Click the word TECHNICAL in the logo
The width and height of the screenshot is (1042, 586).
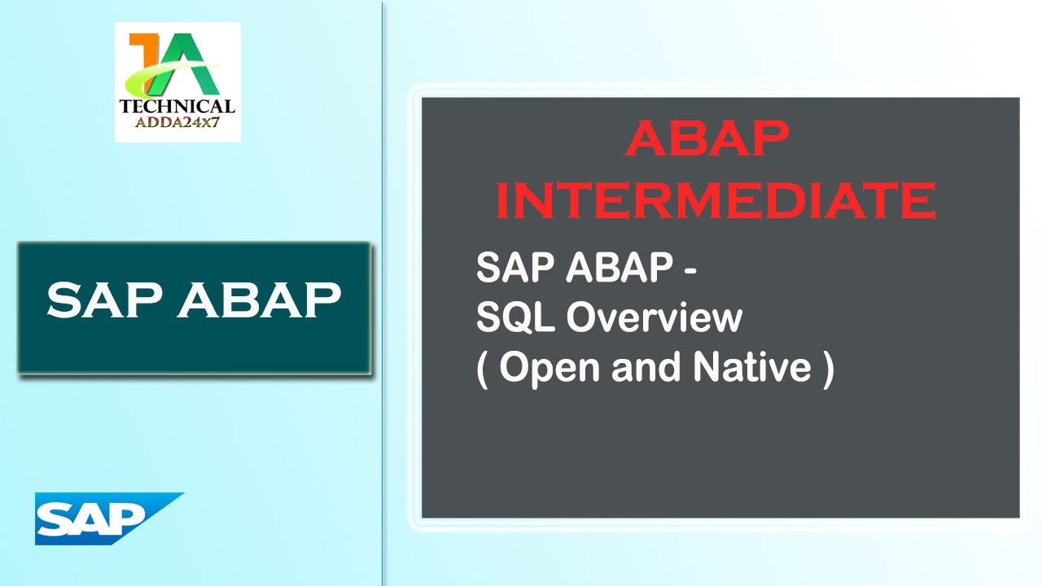click(x=177, y=106)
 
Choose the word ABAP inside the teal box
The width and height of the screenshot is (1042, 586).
click(x=259, y=300)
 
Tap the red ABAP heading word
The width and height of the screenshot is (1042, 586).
click(x=707, y=140)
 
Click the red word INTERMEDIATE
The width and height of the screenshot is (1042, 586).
click(x=716, y=200)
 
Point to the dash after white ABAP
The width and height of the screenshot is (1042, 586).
click(x=689, y=272)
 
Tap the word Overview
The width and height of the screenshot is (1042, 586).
click(x=654, y=318)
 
